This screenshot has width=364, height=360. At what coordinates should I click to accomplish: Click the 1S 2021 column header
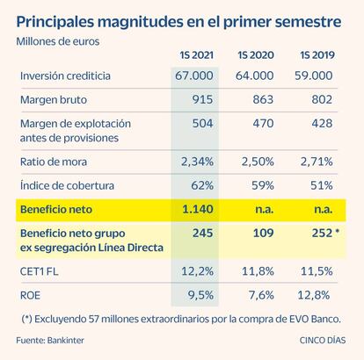196,55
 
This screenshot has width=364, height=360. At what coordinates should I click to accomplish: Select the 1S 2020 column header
256,55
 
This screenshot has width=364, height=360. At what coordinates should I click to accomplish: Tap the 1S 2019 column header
317,55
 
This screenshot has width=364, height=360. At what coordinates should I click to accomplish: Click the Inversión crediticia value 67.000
194,76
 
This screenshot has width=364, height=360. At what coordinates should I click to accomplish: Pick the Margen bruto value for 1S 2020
263,99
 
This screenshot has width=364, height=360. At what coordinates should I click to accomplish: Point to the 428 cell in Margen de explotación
322,124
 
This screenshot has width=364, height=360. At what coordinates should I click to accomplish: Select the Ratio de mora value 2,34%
197,162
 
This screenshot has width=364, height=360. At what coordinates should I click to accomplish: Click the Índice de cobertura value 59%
263,185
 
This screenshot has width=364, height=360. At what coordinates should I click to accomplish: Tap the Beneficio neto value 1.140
198,209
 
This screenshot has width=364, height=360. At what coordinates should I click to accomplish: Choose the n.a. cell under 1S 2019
323,210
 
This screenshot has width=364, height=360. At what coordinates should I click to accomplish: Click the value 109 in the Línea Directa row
263,234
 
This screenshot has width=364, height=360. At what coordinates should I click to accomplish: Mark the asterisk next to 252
337,232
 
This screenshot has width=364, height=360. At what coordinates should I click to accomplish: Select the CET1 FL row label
39,271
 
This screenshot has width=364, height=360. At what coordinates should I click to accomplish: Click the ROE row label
30,295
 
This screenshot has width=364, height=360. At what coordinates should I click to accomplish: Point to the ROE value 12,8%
314,295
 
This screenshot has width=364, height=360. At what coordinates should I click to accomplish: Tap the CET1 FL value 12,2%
197,271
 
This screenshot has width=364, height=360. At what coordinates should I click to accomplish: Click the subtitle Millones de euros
58,41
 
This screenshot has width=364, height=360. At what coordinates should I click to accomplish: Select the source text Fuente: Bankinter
50,341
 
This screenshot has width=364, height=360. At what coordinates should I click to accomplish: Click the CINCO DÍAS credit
323,341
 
